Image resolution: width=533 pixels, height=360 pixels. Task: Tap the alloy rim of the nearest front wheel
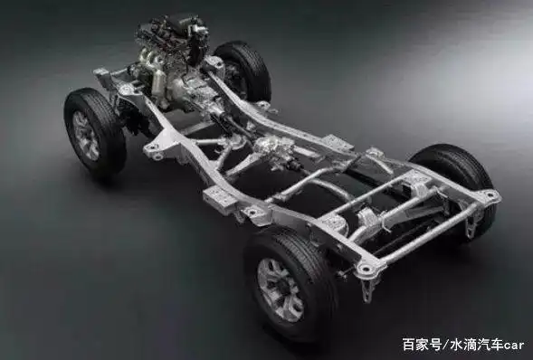click(85, 136)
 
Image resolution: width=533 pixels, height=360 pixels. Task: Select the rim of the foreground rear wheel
click(280, 289)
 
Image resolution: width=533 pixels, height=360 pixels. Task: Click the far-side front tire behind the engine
click(244, 71)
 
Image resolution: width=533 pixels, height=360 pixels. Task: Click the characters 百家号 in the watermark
click(423, 344)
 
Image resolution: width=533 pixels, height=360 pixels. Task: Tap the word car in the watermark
click(514, 345)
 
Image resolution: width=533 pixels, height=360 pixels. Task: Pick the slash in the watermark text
click(445, 345)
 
